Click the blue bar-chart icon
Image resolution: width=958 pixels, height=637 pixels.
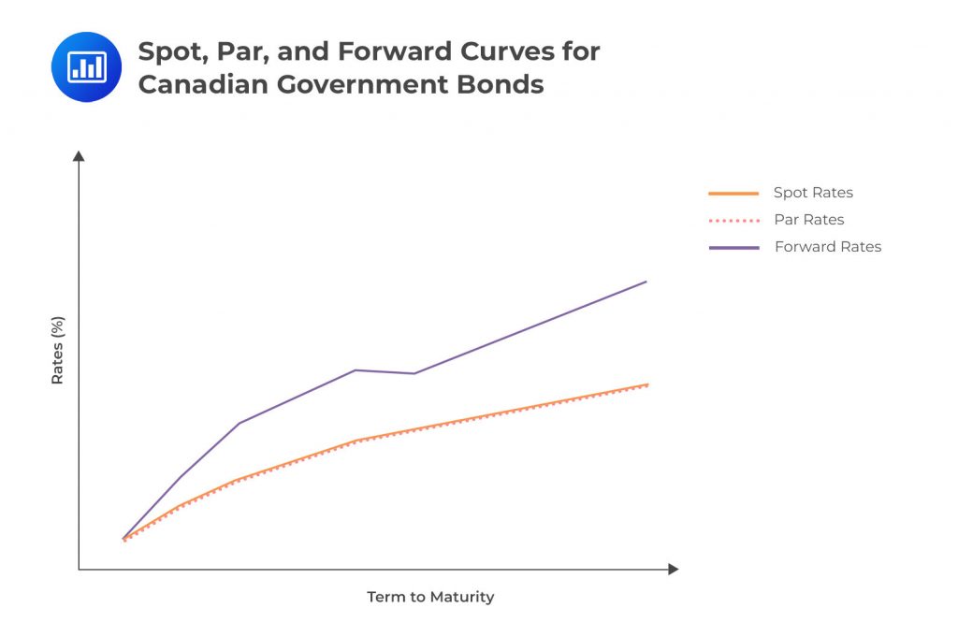[x=86, y=66]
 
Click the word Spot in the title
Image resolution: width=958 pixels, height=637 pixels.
[x=174, y=51]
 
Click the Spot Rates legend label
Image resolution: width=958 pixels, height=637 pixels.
[x=813, y=193]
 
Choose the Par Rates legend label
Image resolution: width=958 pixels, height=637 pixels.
[x=809, y=220]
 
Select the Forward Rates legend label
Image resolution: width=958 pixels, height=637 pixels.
[x=828, y=247]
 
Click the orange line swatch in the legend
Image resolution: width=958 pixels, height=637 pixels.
[x=733, y=194]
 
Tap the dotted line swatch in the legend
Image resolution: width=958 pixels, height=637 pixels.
[x=733, y=221]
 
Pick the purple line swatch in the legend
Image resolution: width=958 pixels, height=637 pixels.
[x=733, y=248]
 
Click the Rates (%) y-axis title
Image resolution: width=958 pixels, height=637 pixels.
[x=58, y=351]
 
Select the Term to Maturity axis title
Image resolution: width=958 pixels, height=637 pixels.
[x=430, y=597]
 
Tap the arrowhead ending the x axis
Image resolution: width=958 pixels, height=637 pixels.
[x=673, y=569]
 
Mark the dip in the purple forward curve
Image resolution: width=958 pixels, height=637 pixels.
[x=414, y=373]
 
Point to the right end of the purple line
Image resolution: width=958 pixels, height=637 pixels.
[x=646, y=282]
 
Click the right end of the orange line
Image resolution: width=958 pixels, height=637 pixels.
[x=647, y=384]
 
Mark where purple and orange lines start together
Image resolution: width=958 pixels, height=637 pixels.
[x=123, y=540]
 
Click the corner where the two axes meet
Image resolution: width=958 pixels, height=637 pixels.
[x=79, y=569]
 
